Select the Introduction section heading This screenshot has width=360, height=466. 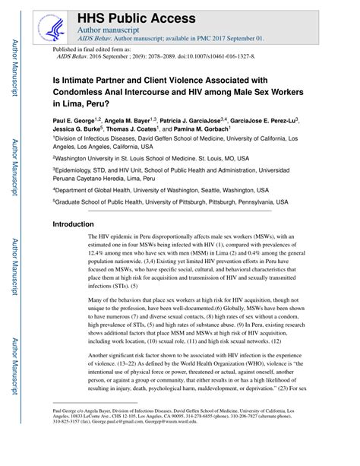point(78,225)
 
